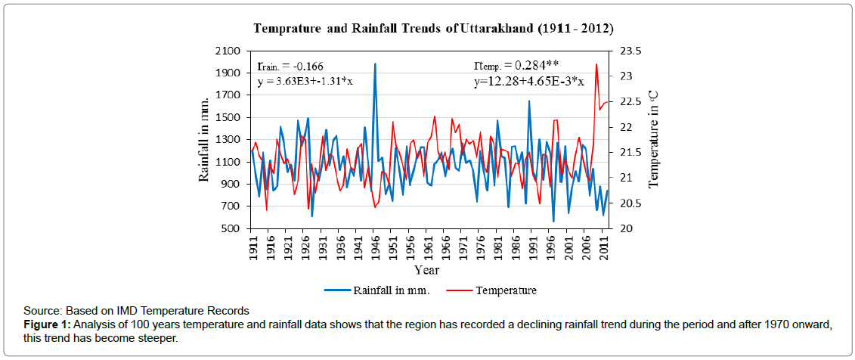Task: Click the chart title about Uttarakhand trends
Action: pos(433,28)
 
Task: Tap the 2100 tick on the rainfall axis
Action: pos(228,51)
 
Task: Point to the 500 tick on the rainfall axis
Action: pos(231,228)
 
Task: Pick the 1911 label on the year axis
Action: pos(252,250)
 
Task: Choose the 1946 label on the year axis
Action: pos(374,250)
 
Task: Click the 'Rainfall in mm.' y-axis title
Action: pos(205,140)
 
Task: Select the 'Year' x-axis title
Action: pos(428,269)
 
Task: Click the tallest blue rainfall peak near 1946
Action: pos(375,64)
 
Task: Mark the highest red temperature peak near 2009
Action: pos(596,64)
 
